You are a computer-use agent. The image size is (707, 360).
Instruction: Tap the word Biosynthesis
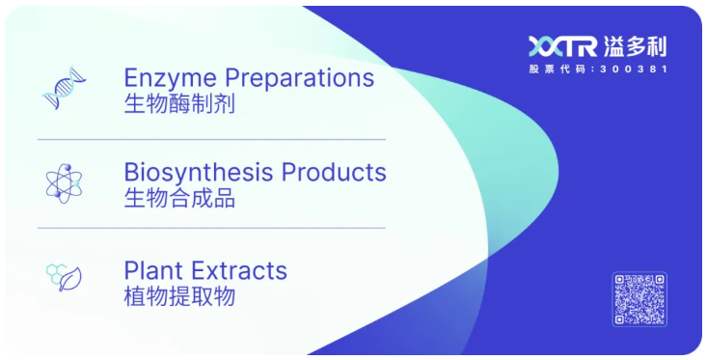pyautogui.click(x=199, y=173)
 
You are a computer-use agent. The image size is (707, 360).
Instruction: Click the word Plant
pyautogui.click(x=152, y=270)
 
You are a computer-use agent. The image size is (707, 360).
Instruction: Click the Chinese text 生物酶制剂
pyautogui.click(x=179, y=103)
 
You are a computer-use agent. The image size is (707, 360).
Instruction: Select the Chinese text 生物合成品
pyautogui.click(x=179, y=199)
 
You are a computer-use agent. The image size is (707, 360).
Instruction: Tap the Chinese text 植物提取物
pyautogui.click(x=179, y=296)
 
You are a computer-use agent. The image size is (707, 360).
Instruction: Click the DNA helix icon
pyautogui.click(x=65, y=88)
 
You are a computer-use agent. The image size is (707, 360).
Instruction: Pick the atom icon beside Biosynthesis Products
pyautogui.click(x=65, y=182)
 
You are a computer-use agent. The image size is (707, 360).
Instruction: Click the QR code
pyautogui.click(x=639, y=299)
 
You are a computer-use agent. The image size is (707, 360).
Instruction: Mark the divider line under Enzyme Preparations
pyautogui.click(x=211, y=139)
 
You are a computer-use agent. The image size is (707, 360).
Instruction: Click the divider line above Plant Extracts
pyautogui.click(x=211, y=228)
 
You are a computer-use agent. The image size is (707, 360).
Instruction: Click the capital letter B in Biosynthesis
pyautogui.click(x=131, y=173)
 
